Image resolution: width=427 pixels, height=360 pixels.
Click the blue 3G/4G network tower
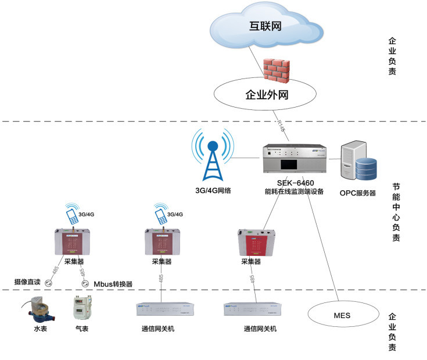coord(212,156)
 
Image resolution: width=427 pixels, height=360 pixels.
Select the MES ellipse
coord(342,315)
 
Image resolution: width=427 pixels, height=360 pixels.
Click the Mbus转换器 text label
coord(113,284)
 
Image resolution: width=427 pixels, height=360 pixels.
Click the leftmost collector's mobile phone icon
coord(73,216)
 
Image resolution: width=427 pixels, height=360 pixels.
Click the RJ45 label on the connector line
coord(279,126)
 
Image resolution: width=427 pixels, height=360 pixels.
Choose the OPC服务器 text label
coord(357,193)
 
